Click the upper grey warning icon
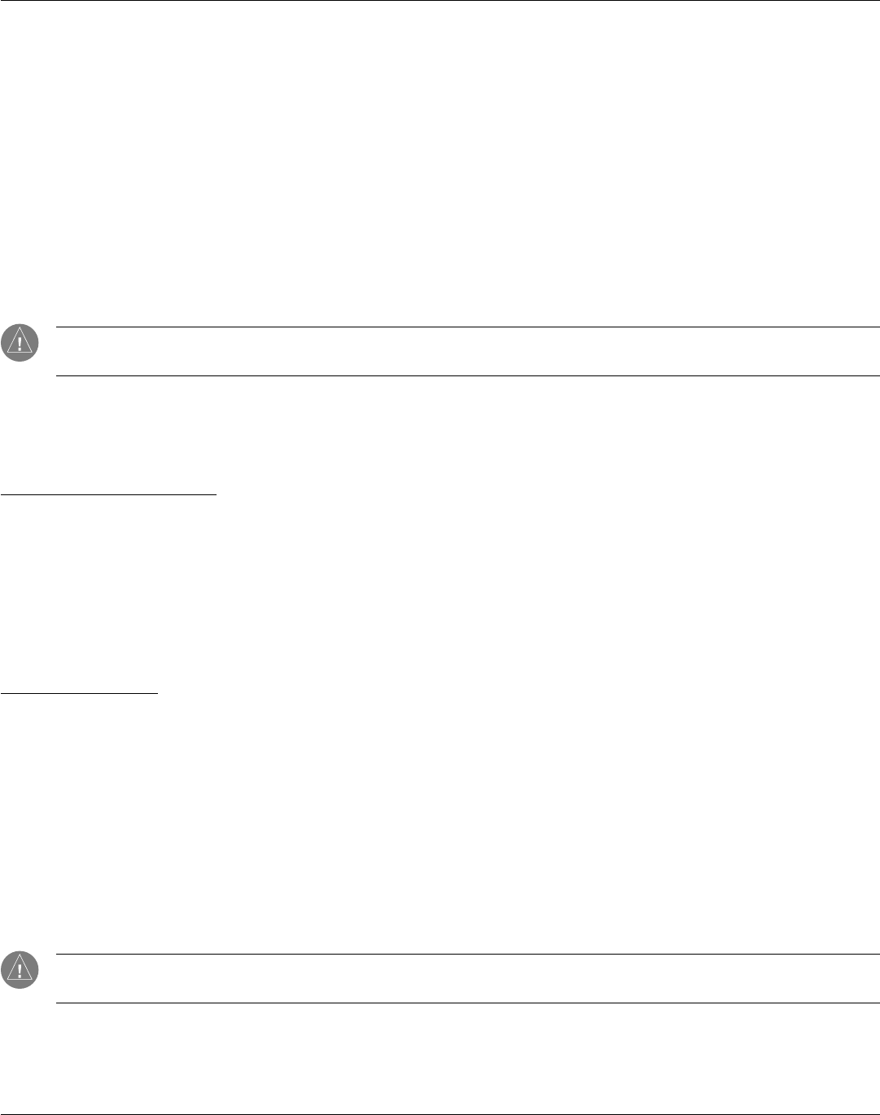(20, 343)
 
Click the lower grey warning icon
(20, 969)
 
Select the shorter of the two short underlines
(79, 694)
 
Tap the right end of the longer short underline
(216, 494)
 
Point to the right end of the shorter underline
(157, 694)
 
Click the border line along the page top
(440, 1)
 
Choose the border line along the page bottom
(440, 1113)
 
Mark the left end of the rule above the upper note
(56, 327)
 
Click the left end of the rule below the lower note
(56, 1003)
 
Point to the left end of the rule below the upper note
(56, 375)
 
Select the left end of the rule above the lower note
(56, 955)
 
